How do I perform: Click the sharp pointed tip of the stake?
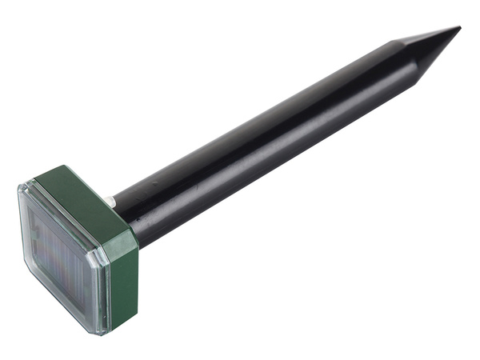pos(459,28)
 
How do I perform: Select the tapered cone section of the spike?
pos(432,50)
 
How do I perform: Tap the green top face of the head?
pos(76,198)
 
